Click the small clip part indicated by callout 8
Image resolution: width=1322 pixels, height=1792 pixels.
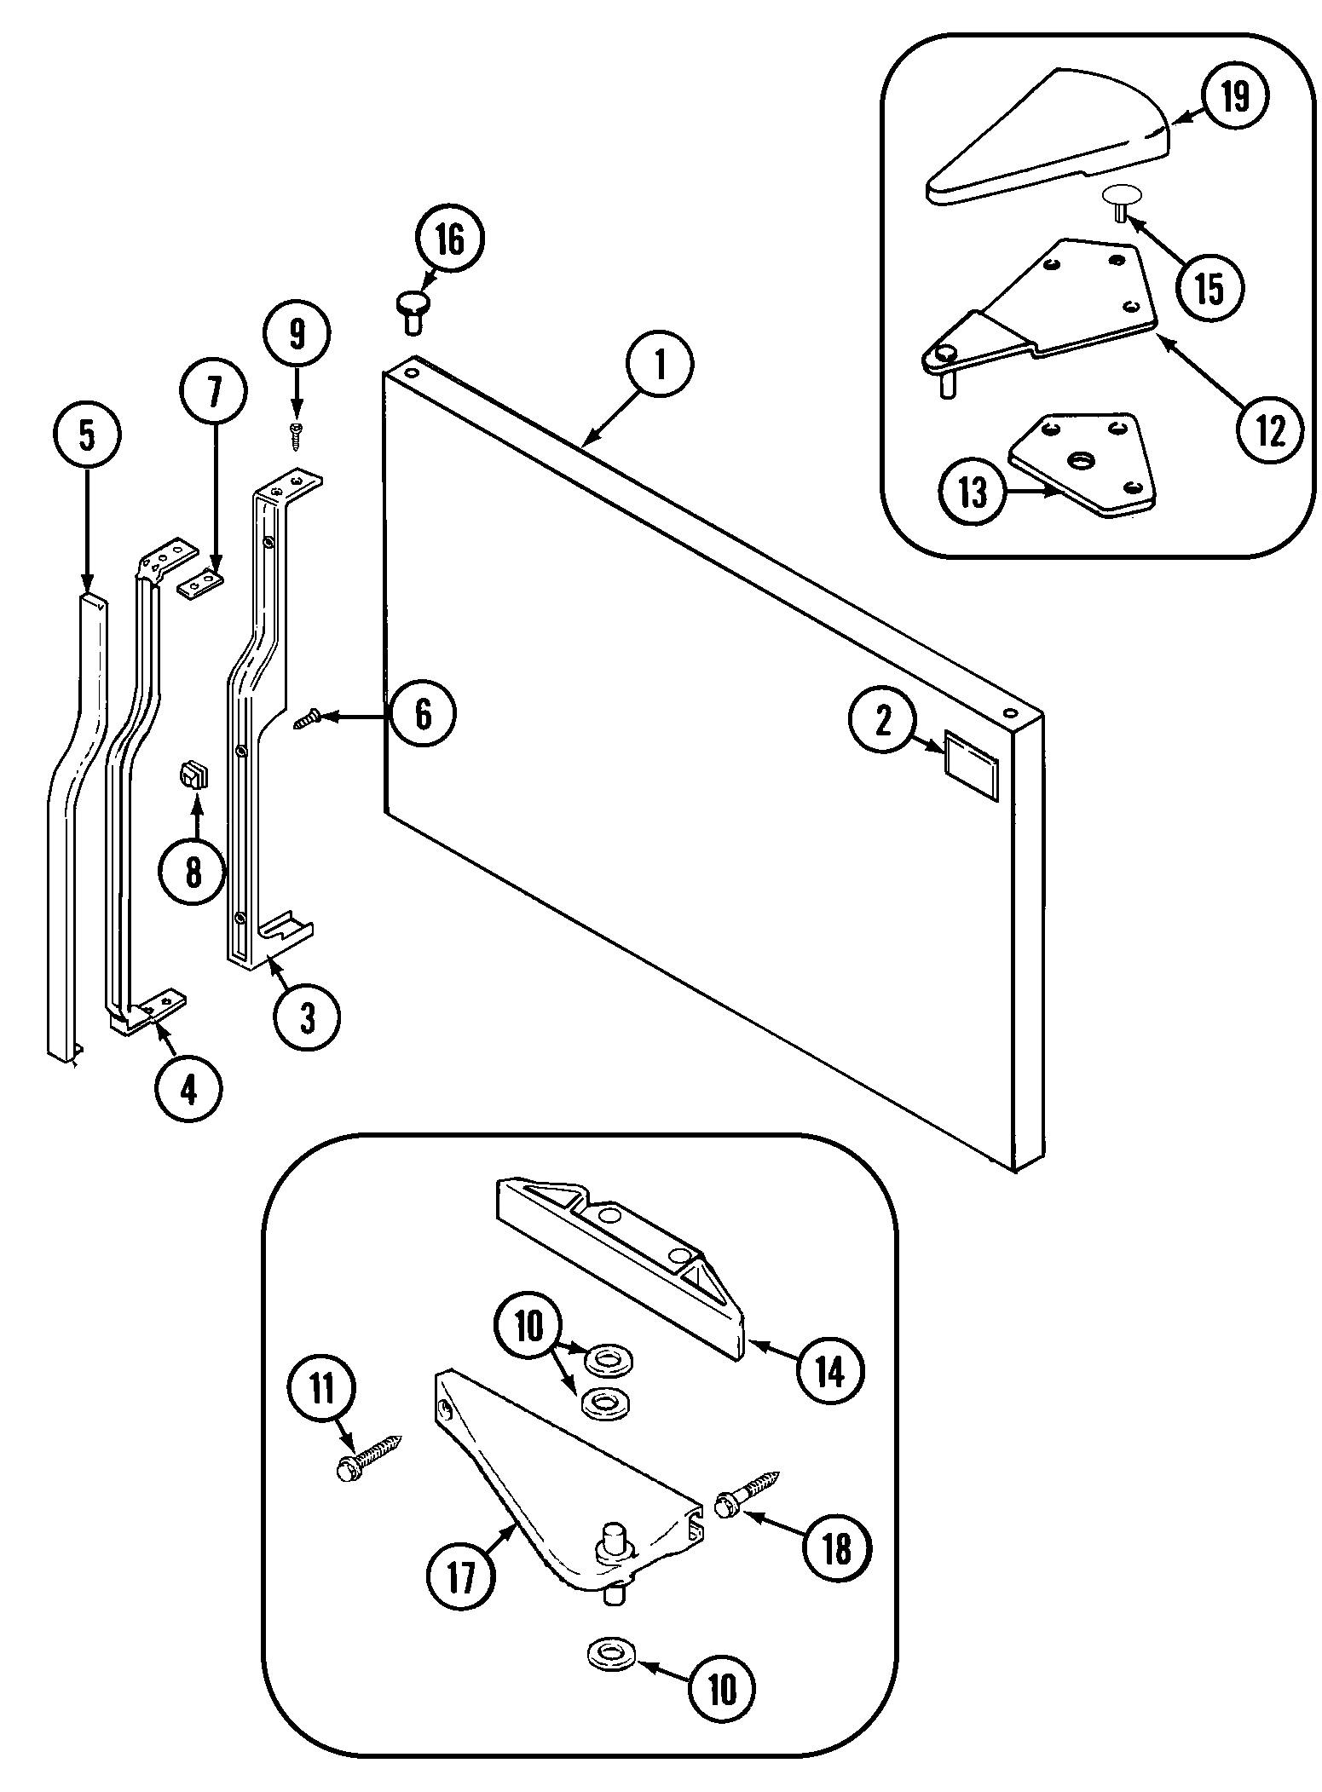point(193,777)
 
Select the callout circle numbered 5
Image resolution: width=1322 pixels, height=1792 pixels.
point(88,435)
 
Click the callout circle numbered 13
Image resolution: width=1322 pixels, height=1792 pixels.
point(973,492)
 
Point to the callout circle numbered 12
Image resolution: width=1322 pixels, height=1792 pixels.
point(1270,433)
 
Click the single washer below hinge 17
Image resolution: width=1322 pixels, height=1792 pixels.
point(610,1655)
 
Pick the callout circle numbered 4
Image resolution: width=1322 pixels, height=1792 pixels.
point(188,1088)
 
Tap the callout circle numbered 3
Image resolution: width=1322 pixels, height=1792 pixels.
point(307,1017)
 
